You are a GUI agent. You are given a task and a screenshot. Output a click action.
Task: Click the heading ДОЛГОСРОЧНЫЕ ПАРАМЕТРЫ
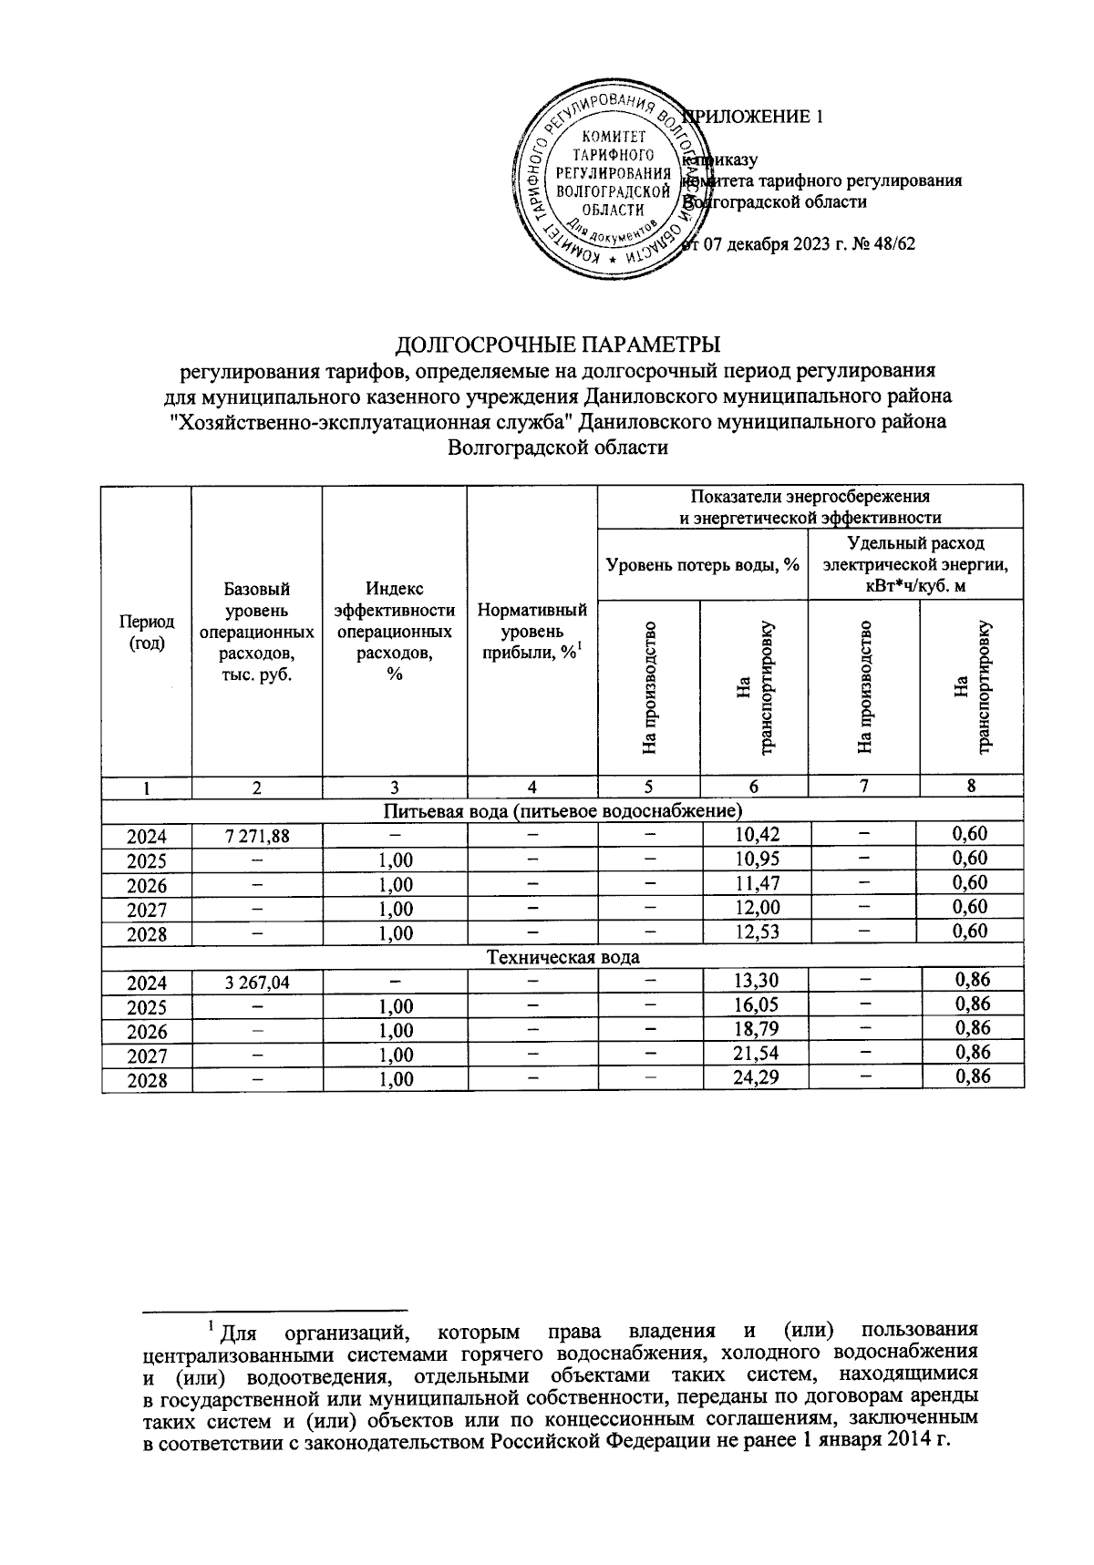click(x=557, y=345)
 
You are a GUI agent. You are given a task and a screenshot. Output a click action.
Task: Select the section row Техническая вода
click(x=563, y=957)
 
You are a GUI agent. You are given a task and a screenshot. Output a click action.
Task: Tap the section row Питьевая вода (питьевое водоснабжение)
click(x=562, y=810)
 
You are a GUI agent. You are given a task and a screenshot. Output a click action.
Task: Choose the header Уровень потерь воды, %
click(x=702, y=565)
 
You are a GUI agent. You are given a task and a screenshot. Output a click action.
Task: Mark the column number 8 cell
click(x=972, y=786)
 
